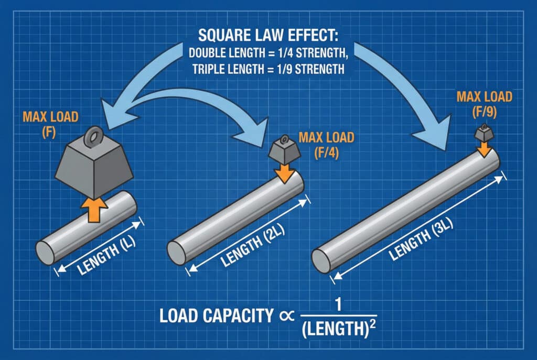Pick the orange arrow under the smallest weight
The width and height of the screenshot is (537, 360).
484,149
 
